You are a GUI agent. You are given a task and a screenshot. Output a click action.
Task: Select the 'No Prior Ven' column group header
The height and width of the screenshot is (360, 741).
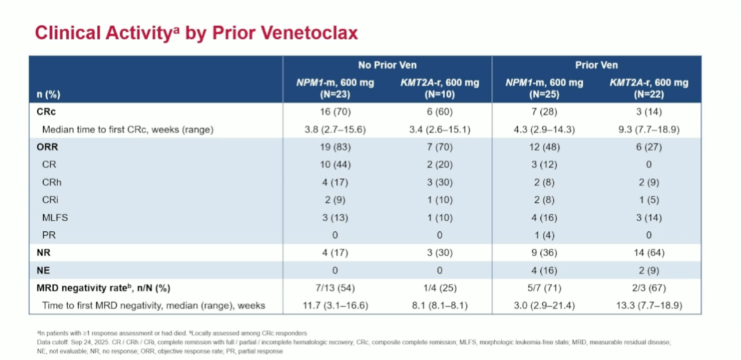click(387, 65)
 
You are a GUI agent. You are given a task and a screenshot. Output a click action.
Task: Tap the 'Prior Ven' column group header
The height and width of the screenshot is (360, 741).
click(597, 65)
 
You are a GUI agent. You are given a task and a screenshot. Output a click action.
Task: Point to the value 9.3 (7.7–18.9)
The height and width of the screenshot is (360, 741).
click(649, 129)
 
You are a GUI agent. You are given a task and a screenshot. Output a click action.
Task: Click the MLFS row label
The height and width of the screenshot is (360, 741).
click(55, 218)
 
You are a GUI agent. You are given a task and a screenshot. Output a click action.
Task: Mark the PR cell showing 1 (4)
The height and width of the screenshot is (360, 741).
click(543, 236)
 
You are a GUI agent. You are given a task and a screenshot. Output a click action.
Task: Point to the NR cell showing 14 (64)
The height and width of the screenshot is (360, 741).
click(649, 253)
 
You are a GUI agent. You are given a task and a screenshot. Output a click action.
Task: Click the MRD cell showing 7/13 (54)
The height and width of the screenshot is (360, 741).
click(335, 287)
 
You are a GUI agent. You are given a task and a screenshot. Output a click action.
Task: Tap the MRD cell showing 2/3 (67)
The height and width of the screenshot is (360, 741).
click(649, 287)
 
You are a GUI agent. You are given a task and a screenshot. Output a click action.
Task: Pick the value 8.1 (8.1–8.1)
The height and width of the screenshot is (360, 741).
click(440, 305)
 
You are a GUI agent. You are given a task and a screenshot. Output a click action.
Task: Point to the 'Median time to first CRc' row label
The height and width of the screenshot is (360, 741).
click(128, 129)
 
